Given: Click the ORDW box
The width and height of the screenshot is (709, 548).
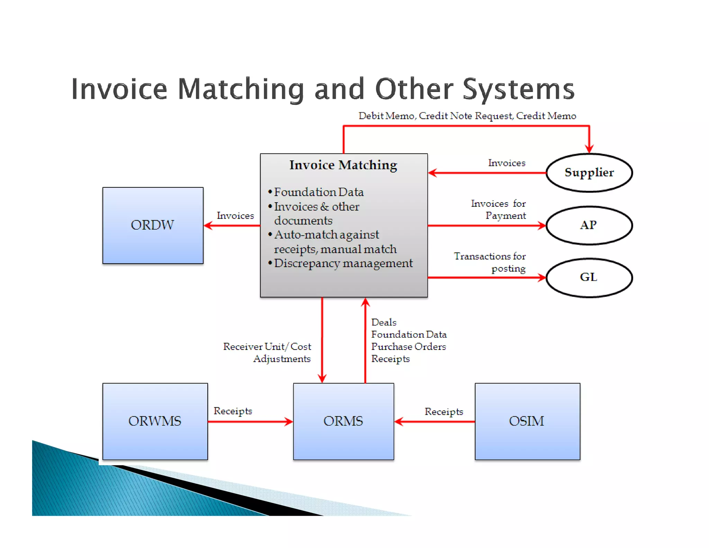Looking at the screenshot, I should pos(153,225).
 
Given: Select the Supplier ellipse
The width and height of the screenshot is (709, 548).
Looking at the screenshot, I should pos(589,173).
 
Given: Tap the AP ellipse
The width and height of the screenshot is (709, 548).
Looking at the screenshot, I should pos(589,225).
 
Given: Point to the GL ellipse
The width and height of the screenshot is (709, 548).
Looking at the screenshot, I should pos(589,277).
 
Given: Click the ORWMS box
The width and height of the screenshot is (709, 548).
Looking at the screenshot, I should pos(155,421).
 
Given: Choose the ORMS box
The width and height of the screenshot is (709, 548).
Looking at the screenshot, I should pos(343,421).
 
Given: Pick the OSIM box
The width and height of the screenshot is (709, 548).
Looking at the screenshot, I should pos(527,421).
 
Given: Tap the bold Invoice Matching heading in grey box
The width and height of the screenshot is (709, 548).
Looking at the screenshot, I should pos(343,165).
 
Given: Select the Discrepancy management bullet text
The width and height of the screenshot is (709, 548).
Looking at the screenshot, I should pos(343,263).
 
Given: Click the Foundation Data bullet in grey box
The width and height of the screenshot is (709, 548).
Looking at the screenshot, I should pos(318,192).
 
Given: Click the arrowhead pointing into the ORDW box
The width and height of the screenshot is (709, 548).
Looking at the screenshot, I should pos(208,226).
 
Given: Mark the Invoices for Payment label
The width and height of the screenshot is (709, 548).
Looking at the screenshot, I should pos(499,209).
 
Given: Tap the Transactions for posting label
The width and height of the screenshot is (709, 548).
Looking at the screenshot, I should pos(490,262).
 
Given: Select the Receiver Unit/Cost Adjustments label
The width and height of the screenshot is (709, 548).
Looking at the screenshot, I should pos(267,352).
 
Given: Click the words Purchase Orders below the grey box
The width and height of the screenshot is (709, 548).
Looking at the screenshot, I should pos(409,346).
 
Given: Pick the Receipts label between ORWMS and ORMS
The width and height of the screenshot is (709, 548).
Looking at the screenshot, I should pos(233,411).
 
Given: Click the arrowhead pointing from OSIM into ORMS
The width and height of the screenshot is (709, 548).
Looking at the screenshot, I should pos(399,422).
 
